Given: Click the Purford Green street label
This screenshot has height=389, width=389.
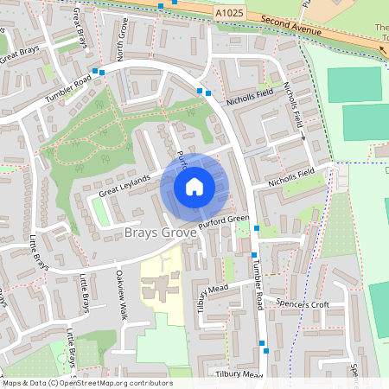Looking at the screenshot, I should point(223,222).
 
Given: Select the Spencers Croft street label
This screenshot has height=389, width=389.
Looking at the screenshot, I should point(303,304).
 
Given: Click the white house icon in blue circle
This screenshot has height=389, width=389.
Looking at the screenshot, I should point(194,186).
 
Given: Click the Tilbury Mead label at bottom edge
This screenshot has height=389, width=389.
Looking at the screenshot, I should point(239,375).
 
